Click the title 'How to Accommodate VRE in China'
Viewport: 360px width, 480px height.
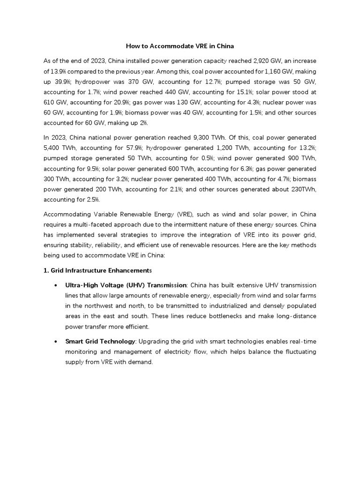[x=180, y=46]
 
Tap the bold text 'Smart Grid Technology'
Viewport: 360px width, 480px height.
[x=99, y=341]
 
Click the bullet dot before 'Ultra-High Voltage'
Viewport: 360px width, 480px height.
[x=57, y=285]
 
